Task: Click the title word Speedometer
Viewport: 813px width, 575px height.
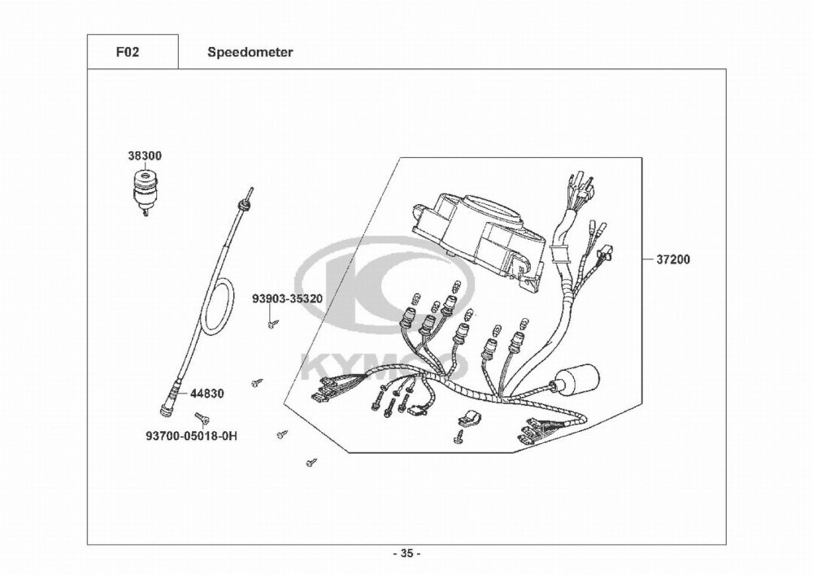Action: (x=250, y=52)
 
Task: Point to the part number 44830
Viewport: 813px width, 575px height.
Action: (x=207, y=393)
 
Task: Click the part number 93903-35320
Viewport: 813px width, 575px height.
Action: (x=287, y=298)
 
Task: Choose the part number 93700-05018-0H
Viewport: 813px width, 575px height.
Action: (x=192, y=436)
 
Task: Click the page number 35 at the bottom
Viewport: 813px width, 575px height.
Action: (x=406, y=554)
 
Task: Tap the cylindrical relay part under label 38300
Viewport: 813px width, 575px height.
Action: (x=143, y=192)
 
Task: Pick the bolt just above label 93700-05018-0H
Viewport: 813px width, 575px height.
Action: (x=206, y=417)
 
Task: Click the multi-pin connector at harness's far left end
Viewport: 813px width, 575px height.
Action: (x=325, y=391)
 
